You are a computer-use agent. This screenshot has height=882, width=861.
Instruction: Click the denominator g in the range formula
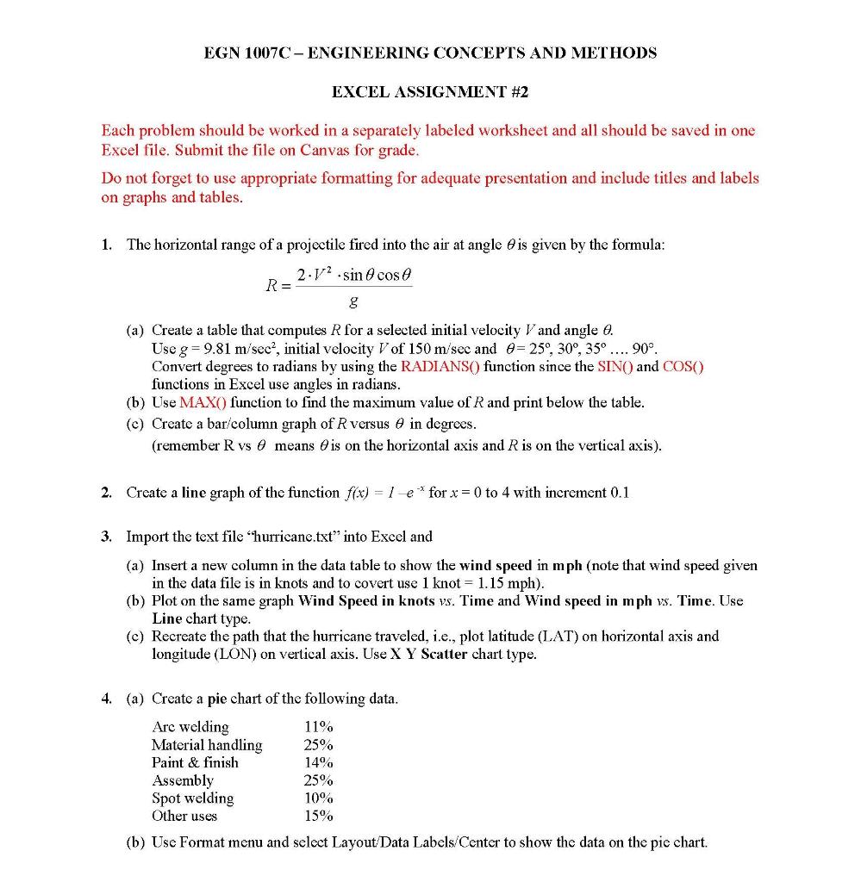tap(353, 302)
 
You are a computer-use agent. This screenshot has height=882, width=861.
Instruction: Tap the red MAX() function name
tap(203, 402)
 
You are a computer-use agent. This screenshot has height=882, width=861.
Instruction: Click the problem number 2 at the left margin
tap(105, 493)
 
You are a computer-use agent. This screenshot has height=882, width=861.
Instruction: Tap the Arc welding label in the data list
tap(190, 727)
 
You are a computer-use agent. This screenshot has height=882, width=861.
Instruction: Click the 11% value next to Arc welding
tap(318, 727)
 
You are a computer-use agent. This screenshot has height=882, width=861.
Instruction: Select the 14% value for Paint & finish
tap(318, 762)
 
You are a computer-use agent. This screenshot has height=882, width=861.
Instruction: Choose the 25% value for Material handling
tap(318, 745)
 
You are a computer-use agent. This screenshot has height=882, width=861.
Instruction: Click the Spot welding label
tap(192, 798)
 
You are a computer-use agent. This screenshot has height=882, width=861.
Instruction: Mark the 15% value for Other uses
tap(318, 816)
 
